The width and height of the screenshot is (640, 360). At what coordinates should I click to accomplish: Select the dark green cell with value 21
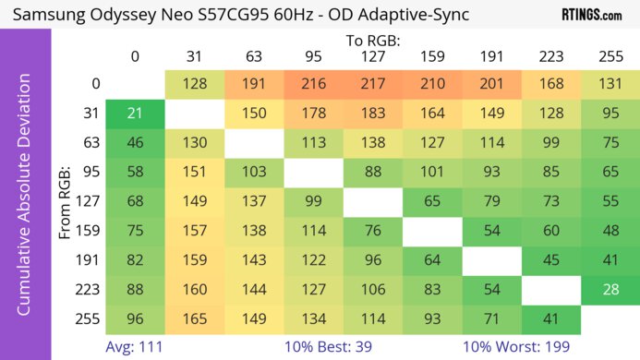coord(135,113)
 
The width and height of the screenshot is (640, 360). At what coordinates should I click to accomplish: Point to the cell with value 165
coord(194,319)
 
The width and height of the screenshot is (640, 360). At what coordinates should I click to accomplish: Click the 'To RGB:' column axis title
coord(372,41)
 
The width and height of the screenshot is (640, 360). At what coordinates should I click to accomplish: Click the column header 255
coord(610,57)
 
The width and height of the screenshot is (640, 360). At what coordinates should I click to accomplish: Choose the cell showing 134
coord(313,319)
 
